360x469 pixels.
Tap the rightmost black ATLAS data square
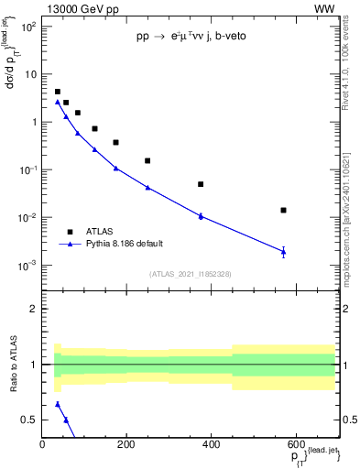tap(283, 210)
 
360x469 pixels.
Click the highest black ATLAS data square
tap(58, 92)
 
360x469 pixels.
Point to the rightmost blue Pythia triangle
tap(283, 251)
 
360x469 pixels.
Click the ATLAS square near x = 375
tap(200, 184)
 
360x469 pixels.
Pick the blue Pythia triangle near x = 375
tap(200, 216)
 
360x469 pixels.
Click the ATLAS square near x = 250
tap(147, 160)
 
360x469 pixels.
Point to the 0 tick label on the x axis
tap(42, 444)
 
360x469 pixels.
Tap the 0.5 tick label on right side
tap(349, 420)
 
